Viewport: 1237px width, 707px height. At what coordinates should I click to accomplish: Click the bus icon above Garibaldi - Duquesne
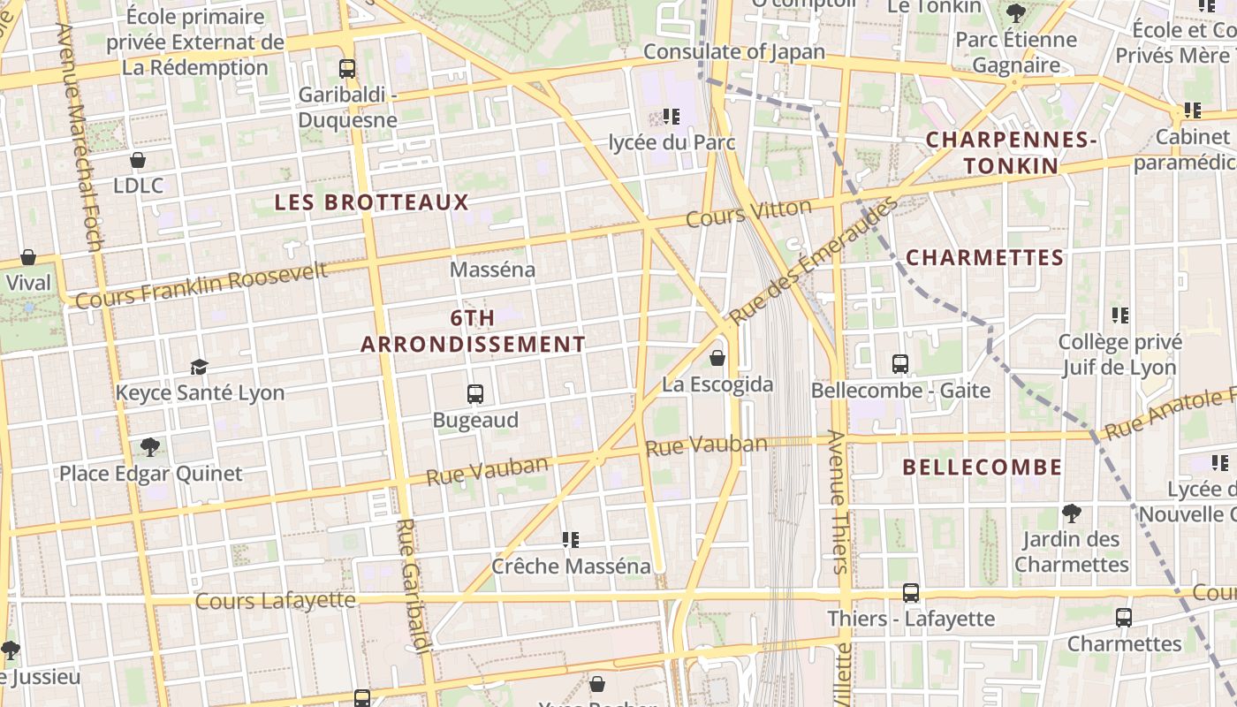tap(347, 68)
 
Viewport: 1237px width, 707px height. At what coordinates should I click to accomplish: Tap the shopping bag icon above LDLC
tap(138, 160)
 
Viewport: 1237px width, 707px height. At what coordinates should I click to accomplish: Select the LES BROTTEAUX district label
tap(371, 202)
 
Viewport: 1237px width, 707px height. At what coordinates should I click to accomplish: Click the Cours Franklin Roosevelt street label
tap(201, 285)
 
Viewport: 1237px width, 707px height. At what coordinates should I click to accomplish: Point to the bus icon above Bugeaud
tap(475, 394)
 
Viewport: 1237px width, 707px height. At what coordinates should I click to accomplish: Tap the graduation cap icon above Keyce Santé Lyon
tap(200, 367)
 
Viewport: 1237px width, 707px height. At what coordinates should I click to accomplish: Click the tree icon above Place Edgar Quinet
tap(150, 447)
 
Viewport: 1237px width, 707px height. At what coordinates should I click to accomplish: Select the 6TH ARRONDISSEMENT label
tap(473, 331)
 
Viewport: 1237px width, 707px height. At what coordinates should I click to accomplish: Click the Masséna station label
tap(492, 270)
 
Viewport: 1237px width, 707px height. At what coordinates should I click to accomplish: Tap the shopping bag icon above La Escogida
tap(717, 358)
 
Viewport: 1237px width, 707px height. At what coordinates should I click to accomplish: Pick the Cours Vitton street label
tap(748, 213)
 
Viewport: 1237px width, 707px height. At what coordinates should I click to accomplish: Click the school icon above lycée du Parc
tap(672, 116)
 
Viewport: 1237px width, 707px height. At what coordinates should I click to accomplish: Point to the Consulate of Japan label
tap(733, 52)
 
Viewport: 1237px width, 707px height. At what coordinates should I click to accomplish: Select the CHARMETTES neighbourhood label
tap(984, 258)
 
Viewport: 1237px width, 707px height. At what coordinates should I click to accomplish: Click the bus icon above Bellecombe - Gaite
tap(900, 363)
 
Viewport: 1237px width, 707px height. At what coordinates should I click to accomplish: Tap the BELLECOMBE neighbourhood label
tap(982, 468)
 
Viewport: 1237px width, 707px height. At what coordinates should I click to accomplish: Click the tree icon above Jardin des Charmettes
tap(1072, 513)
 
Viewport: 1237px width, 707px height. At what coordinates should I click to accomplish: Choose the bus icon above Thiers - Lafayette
tap(911, 592)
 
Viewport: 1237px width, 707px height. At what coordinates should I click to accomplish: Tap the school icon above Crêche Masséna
tap(571, 539)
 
